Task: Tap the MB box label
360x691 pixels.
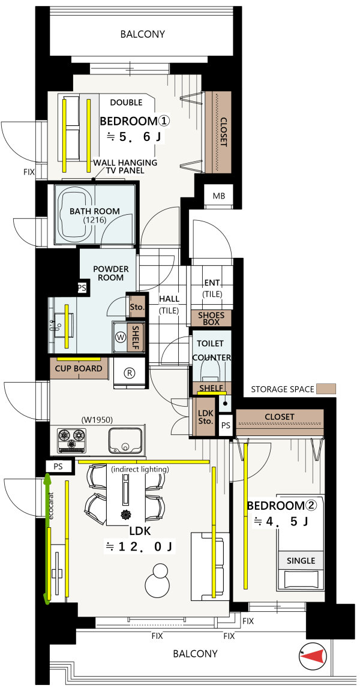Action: click(219, 196)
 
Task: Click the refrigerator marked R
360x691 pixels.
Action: click(130, 373)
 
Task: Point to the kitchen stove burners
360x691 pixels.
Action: click(71, 439)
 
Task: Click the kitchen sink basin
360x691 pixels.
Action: click(125, 440)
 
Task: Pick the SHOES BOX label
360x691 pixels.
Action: click(211, 318)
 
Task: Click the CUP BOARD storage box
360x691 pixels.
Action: click(79, 369)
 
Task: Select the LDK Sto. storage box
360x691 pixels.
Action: click(206, 417)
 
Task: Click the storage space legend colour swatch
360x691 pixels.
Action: click(326, 389)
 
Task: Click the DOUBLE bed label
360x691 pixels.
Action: click(126, 103)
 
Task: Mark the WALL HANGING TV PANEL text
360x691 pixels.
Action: click(125, 167)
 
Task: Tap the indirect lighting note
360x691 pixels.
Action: click(140, 469)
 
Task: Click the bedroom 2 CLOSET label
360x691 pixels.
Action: click(280, 417)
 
